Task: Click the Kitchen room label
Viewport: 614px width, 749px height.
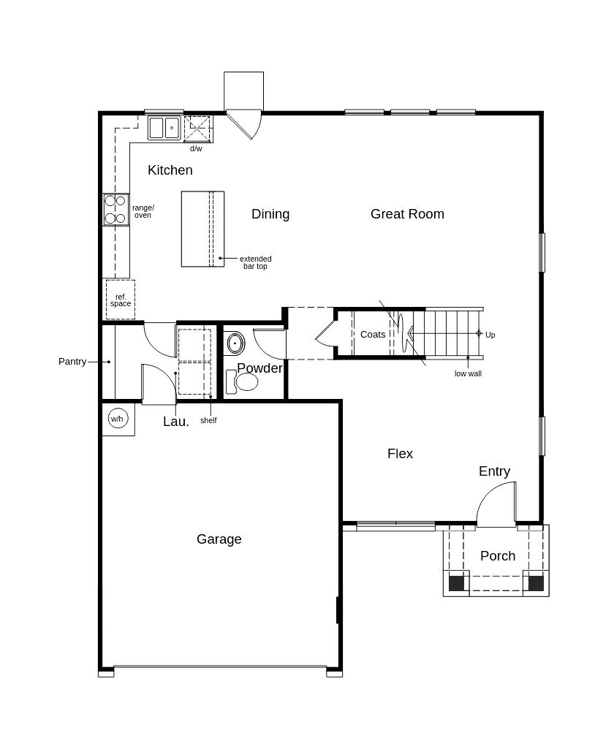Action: [x=170, y=170]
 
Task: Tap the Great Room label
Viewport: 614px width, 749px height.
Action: [x=407, y=214]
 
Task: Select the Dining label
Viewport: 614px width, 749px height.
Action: [x=270, y=214]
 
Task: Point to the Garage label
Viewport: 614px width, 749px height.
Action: [x=219, y=539]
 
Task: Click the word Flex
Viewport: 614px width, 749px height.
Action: [x=400, y=454]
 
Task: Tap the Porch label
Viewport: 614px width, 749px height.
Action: [x=498, y=556]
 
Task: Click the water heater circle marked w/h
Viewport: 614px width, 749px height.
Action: [x=117, y=419]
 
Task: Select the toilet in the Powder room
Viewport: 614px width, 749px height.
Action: [x=245, y=381]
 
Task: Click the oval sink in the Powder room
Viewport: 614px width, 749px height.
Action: [x=235, y=343]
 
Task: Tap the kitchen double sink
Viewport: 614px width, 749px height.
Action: [x=164, y=128]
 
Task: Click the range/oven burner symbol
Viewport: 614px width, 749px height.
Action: [x=115, y=209]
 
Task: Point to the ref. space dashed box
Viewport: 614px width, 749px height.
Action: [x=121, y=300]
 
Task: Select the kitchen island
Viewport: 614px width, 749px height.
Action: [x=202, y=229]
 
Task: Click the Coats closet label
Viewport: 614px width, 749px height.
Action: [x=373, y=335]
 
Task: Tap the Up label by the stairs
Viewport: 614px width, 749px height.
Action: [x=490, y=335]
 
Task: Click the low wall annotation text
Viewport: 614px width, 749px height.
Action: [x=468, y=374]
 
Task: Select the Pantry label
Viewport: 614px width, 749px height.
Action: [x=72, y=362]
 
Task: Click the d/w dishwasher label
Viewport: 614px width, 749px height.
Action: [x=196, y=149]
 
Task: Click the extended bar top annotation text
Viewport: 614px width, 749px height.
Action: [x=255, y=262]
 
